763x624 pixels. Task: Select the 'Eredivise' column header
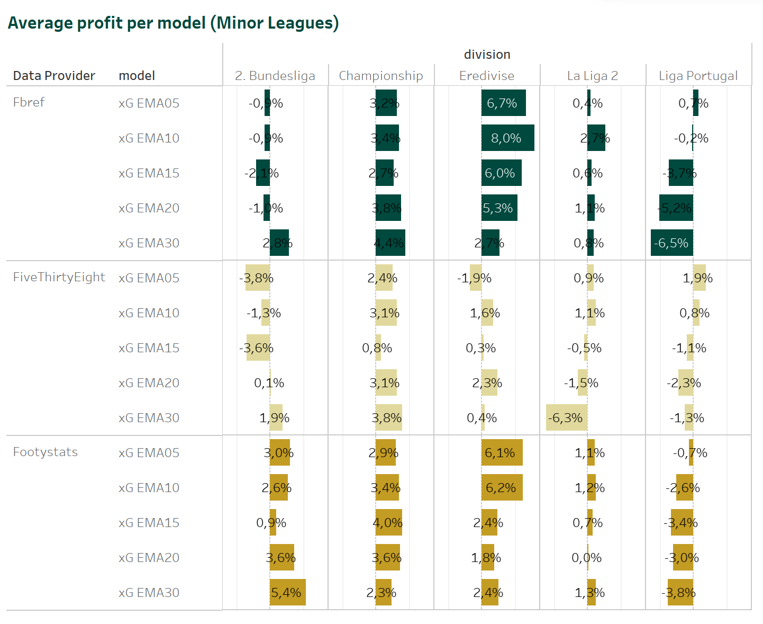point(486,76)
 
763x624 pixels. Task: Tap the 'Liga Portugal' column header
point(698,76)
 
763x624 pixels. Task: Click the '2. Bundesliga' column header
point(275,76)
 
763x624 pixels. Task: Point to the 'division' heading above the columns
point(487,55)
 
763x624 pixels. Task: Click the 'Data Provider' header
point(54,76)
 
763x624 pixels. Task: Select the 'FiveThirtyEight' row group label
point(59,277)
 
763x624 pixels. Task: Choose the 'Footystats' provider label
point(45,452)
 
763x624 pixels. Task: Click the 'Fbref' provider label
point(29,102)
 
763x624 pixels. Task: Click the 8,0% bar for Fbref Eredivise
point(507,138)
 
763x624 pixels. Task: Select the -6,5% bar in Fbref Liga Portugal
point(671,243)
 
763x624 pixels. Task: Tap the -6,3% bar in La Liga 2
point(566,418)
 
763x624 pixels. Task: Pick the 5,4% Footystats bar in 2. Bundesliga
point(287,593)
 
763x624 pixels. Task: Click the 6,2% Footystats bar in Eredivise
point(502,488)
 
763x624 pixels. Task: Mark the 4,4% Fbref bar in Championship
point(390,243)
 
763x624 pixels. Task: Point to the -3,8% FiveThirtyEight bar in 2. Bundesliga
point(258,278)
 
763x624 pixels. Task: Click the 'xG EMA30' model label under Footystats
point(149,593)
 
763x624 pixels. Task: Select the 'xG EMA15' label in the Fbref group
point(149,173)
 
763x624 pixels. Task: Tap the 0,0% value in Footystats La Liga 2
point(587,558)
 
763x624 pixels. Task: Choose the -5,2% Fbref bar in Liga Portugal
point(676,208)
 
